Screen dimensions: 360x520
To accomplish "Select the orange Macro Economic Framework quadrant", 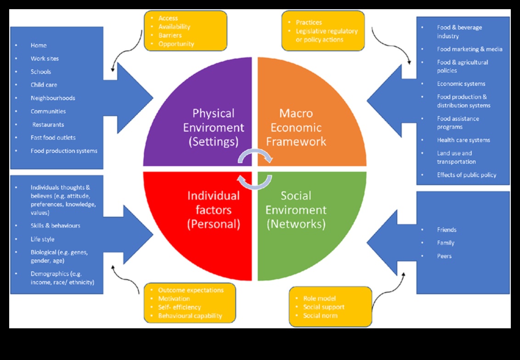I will tap(308, 115).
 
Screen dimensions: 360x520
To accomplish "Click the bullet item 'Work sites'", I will tap(45, 59).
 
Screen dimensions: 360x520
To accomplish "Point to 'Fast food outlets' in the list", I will tap(53, 138).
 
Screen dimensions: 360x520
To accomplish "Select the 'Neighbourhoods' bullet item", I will tap(53, 98).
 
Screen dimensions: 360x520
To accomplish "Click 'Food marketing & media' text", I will tap(469, 49).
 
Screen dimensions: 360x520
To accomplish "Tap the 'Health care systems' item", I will tap(463, 140).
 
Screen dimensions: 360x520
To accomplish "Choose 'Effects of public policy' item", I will tap(466, 175).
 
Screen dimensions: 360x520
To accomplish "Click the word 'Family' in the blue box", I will tap(446, 243).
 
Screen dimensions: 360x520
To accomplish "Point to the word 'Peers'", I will tap(444, 256).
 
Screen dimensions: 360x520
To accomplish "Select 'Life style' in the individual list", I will tap(42, 239).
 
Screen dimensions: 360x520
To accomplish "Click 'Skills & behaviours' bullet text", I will tap(55, 226).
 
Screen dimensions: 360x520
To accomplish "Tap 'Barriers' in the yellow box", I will tap(170, 35).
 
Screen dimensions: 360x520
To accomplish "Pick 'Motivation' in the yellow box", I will tap(174, 298).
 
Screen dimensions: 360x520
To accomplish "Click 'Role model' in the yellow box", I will tap(319, 298).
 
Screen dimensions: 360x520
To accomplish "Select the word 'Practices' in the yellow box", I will tap(309, 22).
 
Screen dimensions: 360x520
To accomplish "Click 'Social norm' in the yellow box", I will tap(320, 316).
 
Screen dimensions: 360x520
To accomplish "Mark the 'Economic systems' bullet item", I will tap(461, 84).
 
